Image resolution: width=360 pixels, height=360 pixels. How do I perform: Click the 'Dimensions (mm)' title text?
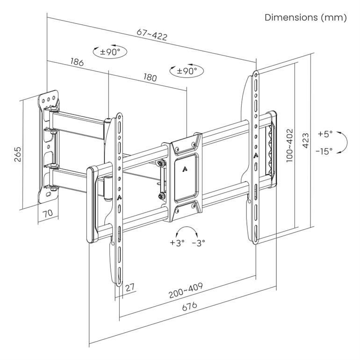(305, 18)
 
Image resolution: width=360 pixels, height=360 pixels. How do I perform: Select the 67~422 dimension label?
(152, 34)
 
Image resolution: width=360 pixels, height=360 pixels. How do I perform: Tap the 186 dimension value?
(77, 62)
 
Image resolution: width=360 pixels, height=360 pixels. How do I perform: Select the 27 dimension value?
(130, 287)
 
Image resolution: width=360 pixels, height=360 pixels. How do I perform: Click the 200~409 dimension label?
(186, 290)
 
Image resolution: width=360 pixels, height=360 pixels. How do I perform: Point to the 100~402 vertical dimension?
(289, 144)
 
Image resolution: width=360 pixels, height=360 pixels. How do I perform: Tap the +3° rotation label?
(178, 243)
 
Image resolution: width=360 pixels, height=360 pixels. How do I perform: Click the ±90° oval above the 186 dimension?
(111, 52)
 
